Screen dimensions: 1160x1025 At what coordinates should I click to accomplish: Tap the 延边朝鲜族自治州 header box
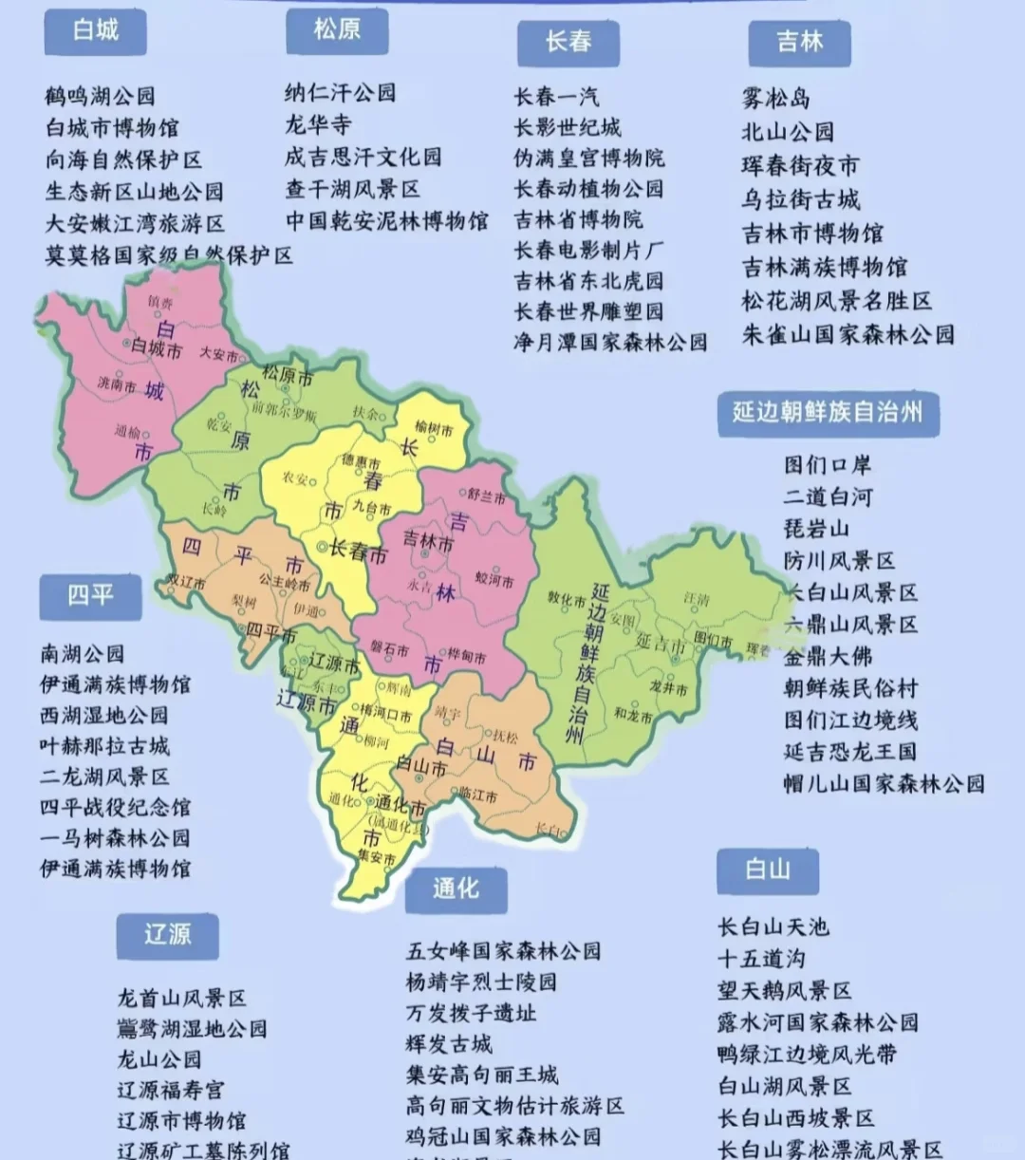coord(828,413)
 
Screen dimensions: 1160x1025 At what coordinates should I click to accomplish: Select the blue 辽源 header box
coord(167,936)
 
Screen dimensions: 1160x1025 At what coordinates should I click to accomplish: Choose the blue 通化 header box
coord(456,889)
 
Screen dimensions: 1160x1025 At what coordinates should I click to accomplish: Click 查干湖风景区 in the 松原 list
coord(352,189)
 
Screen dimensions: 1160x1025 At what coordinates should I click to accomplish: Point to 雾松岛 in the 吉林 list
coord(775,98)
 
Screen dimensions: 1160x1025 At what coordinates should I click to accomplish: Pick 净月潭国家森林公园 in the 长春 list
coord(610,342)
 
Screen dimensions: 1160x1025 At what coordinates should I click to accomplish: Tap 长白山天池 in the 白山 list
coord(773,926)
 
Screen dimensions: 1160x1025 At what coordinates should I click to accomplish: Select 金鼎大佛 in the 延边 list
coord(828,656)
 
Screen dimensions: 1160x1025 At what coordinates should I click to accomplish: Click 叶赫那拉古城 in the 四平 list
coord(104,745)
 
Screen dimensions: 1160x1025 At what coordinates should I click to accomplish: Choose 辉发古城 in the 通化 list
coord(449,1044)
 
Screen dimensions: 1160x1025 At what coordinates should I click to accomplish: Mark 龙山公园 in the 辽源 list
coord(158,1058)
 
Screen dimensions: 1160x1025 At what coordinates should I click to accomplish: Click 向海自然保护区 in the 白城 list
coord(123,159)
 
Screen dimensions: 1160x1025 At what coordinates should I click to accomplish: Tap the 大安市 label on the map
coord(218,354)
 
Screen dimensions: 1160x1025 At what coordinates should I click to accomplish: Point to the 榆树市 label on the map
coord(434,429)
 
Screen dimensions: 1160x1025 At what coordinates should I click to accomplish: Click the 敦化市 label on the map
coord(567,599)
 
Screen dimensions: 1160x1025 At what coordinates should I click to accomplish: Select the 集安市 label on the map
coord(377,857)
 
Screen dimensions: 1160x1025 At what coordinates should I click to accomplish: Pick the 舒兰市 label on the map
coord(486,496)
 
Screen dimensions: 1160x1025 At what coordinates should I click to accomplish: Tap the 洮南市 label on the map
coord(117,384)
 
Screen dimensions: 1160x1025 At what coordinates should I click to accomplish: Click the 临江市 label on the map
coord(477,796)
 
